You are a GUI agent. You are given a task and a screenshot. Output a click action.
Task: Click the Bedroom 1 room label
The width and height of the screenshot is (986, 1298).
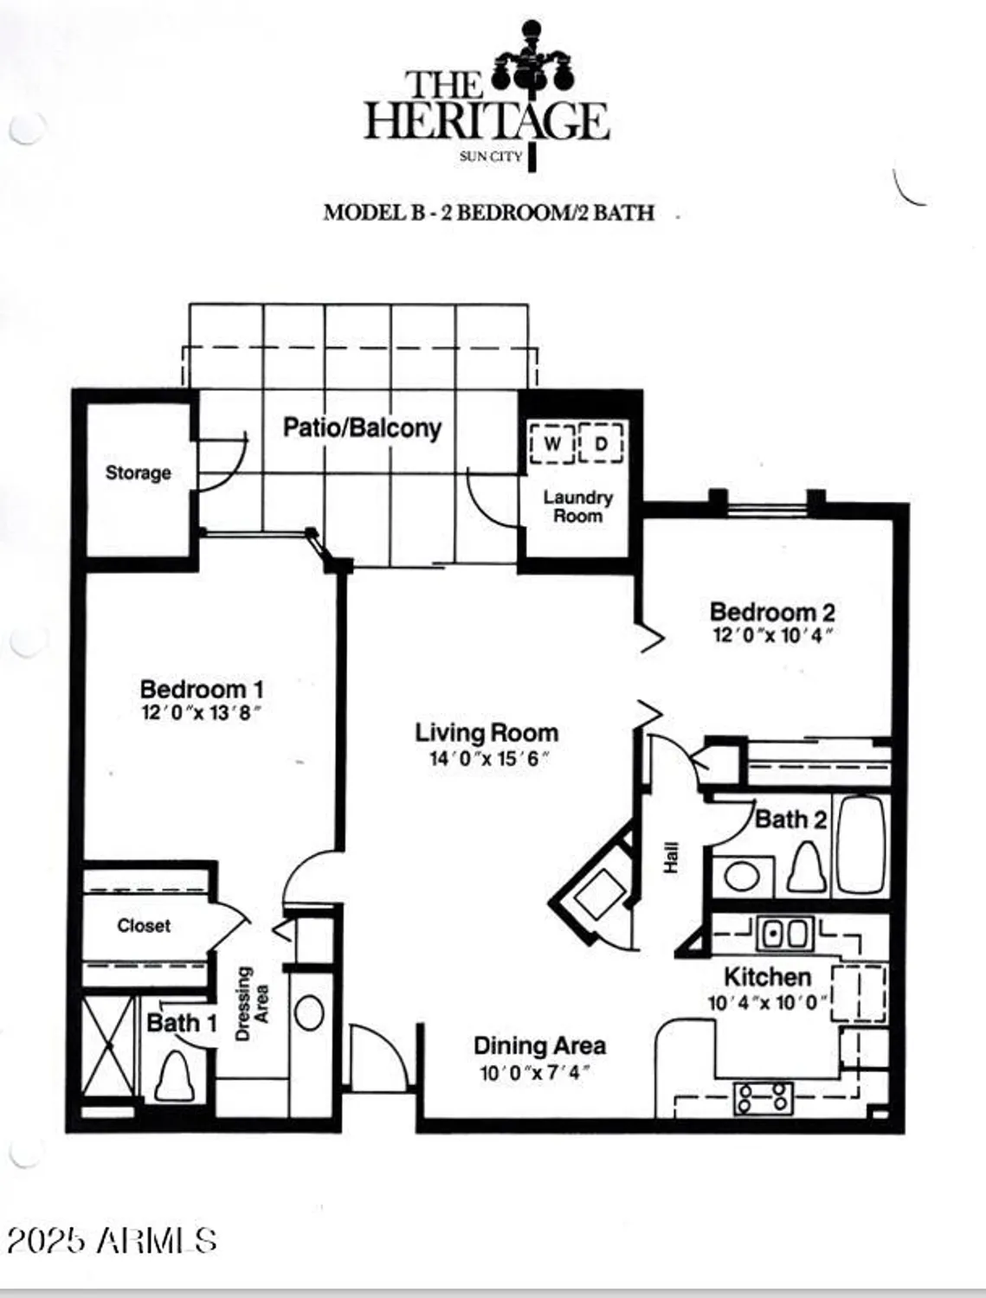tap(201, 690)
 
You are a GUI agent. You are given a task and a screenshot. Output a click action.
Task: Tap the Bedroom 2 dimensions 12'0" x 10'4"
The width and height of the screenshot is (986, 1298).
tap(772, 635)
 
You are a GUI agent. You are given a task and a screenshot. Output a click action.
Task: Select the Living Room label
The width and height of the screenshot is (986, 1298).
tap(487, 733)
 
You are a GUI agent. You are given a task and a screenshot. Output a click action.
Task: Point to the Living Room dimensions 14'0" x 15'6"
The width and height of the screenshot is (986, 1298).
tap(490, 759)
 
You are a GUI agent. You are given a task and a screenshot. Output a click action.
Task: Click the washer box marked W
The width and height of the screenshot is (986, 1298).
tap(551, 444)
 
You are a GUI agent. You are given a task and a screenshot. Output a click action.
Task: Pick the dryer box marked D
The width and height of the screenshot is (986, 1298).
tap(602, 444)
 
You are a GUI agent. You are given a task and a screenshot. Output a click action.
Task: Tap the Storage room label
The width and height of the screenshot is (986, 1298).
tap(138, 472)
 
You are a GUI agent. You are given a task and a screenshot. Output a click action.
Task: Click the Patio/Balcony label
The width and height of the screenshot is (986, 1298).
tap(362, 427)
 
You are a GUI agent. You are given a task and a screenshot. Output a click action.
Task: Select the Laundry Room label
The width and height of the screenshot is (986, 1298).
tap(577, 506)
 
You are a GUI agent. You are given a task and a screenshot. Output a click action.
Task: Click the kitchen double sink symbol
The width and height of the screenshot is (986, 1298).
tap(784, 934)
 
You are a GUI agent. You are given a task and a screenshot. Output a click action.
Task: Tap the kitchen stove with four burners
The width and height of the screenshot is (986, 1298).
tap(764, 1098)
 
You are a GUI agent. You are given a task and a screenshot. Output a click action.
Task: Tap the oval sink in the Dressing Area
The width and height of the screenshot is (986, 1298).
tap(309, 1012)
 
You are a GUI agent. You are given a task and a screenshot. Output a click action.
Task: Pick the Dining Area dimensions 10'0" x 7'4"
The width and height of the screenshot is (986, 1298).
tap(535, 1073)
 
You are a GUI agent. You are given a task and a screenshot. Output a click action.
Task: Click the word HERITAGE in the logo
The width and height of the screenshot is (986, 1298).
tap(487, 121)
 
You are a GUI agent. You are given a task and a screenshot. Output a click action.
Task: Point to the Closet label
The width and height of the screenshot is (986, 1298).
tap(144, 926)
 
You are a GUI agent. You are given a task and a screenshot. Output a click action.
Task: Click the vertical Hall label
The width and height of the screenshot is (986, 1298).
tap(671, 858)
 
